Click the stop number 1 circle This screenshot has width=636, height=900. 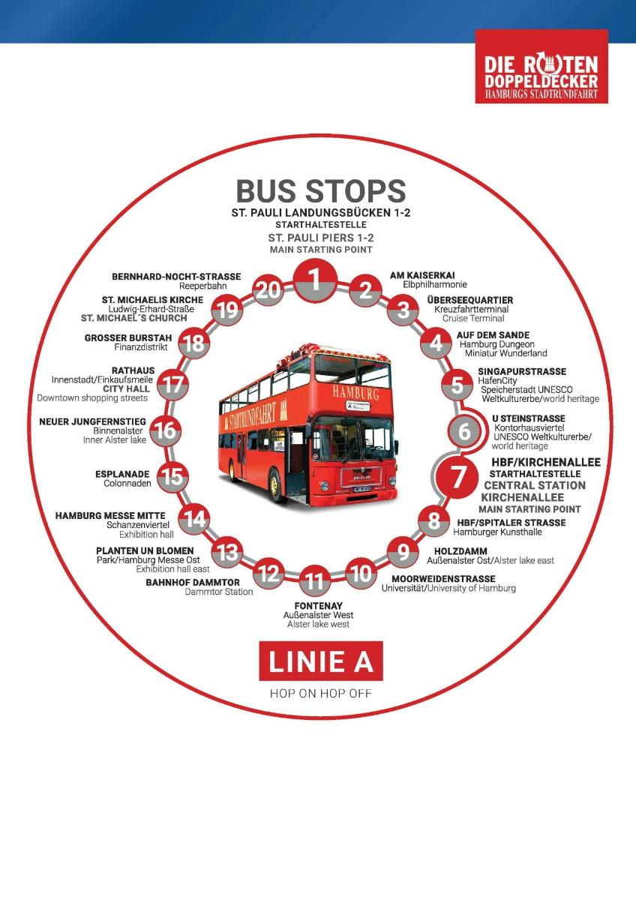315,280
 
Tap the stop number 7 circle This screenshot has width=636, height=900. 457,477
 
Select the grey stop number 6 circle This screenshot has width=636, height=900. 464,431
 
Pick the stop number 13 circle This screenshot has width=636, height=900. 228,552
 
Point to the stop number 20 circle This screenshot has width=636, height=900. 268,289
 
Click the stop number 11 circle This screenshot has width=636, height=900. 314,580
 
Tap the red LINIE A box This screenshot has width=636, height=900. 320,661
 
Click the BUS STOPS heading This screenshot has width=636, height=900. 320,190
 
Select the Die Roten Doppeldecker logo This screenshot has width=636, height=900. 541,66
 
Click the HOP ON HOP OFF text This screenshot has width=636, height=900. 320,694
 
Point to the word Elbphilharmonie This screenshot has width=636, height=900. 435,284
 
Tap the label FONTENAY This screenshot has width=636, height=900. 319,605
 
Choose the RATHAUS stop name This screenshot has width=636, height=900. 133,370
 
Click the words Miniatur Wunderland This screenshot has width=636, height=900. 505,353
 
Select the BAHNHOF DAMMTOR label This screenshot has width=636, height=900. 193,582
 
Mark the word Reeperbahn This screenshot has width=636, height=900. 203,286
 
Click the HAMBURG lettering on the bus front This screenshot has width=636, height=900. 355,392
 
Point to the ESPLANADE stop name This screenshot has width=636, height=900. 122,474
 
